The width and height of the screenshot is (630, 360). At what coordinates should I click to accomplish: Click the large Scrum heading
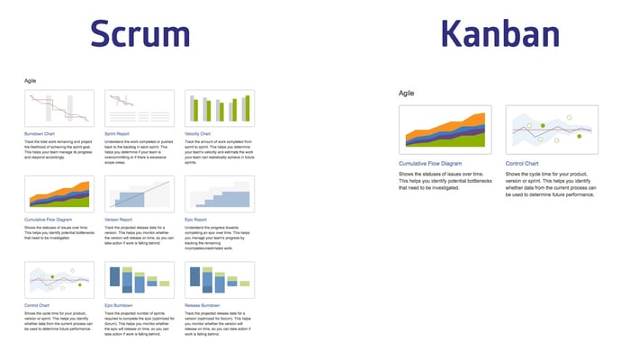[x=140, y=33]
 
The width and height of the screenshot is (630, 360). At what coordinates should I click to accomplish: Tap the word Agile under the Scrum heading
[x=31, y=80]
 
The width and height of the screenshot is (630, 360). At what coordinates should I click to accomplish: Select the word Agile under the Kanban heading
[x=407, y=93]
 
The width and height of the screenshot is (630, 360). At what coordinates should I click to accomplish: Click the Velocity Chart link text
[x=201, y=135]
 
